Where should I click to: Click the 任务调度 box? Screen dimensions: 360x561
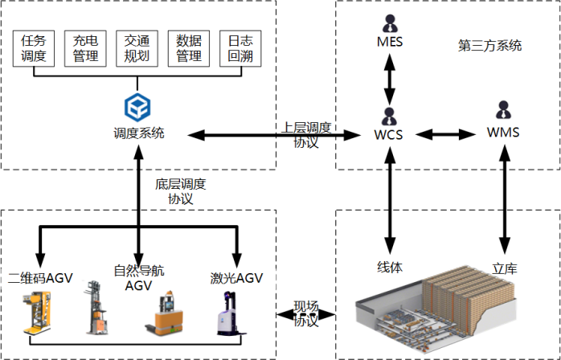point(34,48)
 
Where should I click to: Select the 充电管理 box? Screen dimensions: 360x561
point(85,48)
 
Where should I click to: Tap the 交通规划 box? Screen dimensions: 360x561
point(136,48)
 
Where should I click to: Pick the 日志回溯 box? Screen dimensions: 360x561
point(239,48)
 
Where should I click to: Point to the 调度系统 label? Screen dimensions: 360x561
point(138,133)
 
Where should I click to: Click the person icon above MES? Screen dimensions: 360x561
point(390,22)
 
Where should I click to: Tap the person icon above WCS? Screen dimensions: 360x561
point(390,115)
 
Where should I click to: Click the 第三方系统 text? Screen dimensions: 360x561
point(489,46)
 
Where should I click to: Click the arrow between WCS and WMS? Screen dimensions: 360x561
point(445,133)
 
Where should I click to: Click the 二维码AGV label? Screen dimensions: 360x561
point(40,278)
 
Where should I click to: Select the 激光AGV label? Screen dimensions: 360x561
point(235,278)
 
